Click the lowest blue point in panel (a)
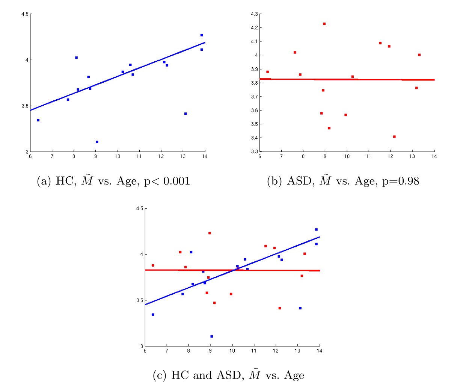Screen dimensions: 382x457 tap(97, 142)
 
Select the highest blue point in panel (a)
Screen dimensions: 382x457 tap(202, 35)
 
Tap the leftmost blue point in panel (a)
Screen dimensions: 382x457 tap(38, 120)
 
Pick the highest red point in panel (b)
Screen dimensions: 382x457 tap(324, 24)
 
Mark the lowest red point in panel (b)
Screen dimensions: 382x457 tap(394, 136)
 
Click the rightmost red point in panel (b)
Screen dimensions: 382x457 tap(419, 55)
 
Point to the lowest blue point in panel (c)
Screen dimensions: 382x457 tap(211, 336)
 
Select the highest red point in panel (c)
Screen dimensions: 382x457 tap(210, 233)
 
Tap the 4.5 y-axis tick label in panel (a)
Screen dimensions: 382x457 tap(24, 14)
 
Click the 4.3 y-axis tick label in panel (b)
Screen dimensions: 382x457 tap(254, 14)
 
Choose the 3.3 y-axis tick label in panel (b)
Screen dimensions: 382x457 tap(254, 152)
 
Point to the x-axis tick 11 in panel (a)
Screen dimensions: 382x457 tap(139, 156)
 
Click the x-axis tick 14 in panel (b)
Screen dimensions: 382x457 tap(434, 156)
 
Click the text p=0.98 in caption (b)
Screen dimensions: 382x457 tap(400, 182)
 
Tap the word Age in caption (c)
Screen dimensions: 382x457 tap(294, 375)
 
